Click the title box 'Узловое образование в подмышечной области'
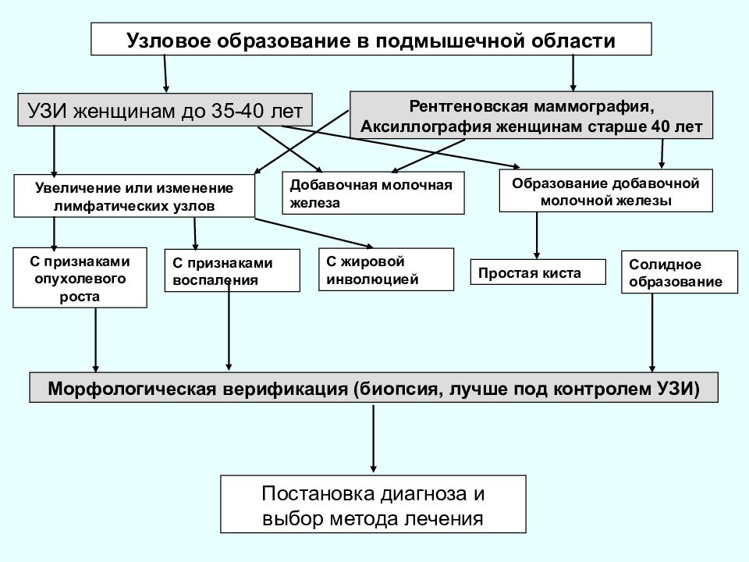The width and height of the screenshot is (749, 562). (371, 39)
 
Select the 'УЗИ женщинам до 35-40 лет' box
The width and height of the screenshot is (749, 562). (165, 110)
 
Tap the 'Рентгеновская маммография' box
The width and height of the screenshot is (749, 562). (531, 116)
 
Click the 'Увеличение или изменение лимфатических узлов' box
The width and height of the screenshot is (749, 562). (134, 196)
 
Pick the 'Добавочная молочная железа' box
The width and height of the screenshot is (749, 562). (373, 193)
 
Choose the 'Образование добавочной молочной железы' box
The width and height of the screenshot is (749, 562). (605, 190)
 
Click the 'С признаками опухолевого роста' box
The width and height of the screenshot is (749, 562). (80, 278)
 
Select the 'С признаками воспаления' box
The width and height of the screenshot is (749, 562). (233, 271)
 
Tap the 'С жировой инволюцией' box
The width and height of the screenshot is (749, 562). (386, 269)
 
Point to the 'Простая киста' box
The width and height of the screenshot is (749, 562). (538, 272)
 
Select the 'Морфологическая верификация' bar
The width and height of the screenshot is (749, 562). (374, 388)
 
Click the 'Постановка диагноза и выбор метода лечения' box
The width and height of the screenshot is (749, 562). (373, 504)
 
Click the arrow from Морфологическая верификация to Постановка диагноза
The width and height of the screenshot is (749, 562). (373, 439)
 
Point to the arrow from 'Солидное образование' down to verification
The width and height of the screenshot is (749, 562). (652, 333)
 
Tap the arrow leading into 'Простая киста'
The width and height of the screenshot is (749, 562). (537, 236)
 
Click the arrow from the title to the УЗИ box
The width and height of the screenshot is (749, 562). (165, 73)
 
